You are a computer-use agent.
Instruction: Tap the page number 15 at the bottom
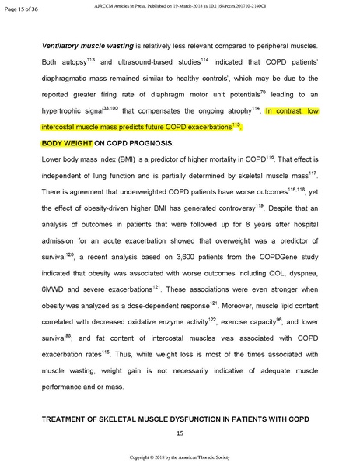180,433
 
